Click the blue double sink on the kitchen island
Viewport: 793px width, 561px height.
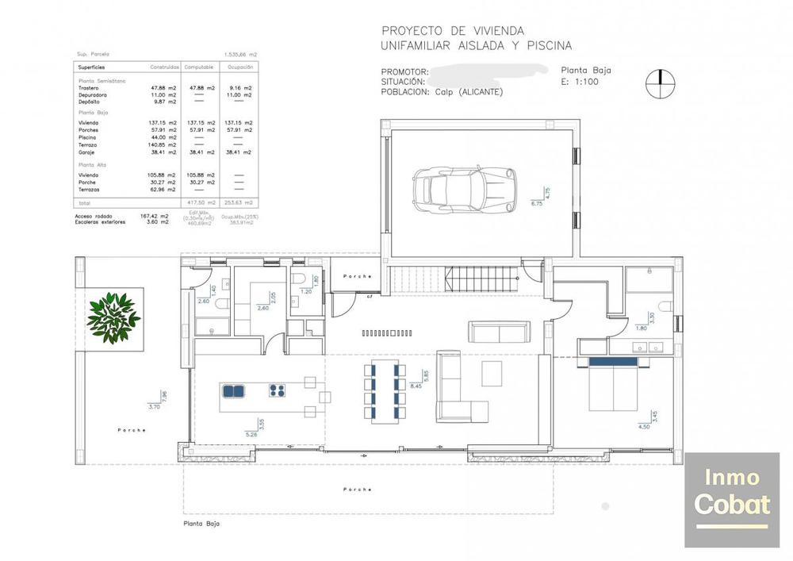tap(233, 390)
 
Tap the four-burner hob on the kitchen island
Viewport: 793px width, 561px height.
tap(278, 390)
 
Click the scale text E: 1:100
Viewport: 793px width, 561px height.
tap(580, 81)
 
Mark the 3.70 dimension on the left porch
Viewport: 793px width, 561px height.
tap(154, 406)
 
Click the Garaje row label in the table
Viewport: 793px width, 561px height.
tap(87, 152)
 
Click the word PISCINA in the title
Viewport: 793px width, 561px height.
tap(546, 46)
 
